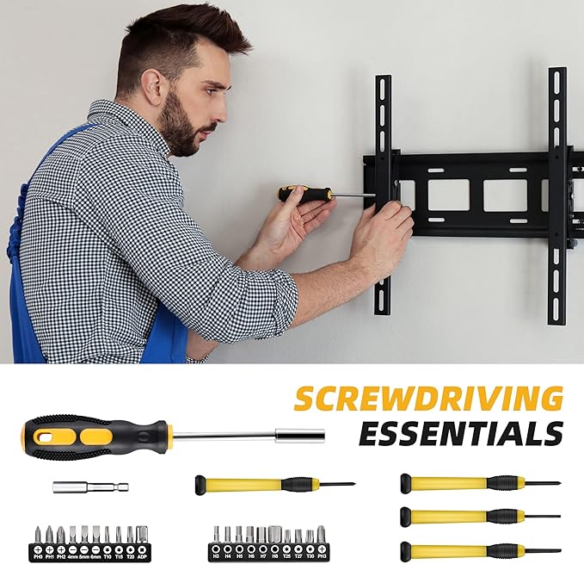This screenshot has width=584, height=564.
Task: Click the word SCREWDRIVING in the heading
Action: click(428, 399)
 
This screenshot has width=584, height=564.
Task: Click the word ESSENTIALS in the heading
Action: click(460, 433)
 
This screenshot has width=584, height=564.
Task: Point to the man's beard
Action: click(179, 133)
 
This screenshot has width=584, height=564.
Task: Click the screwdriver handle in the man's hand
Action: click(305, 194)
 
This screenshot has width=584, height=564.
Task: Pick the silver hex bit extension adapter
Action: click(89, 487)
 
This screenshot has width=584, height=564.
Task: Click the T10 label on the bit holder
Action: click(108, 557)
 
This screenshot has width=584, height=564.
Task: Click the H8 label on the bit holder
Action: click(274, 557)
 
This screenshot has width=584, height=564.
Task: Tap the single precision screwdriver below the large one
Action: click(267, 484)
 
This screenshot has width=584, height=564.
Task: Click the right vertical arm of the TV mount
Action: click(556, 194)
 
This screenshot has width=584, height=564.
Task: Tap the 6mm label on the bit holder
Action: click(95, 557)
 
